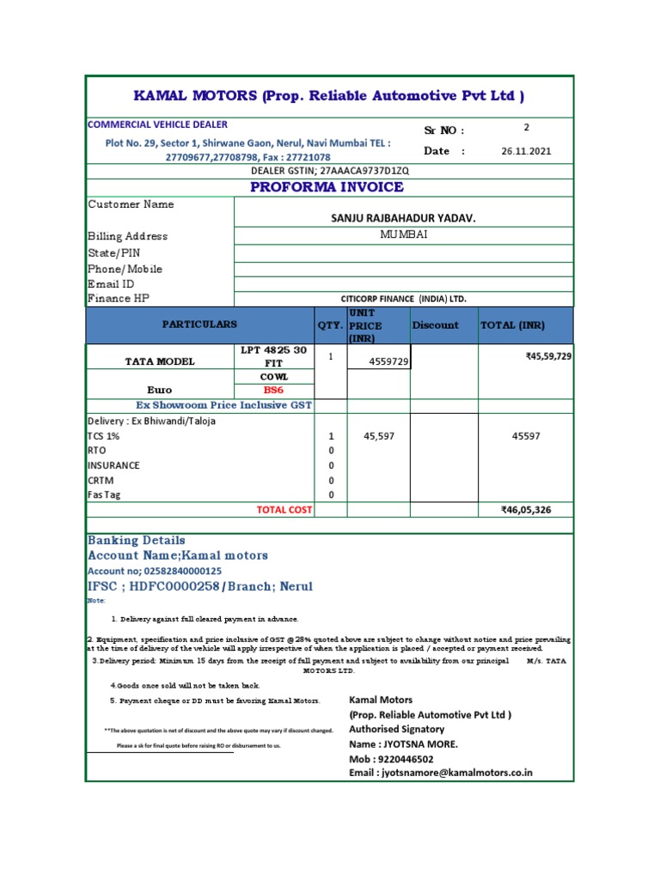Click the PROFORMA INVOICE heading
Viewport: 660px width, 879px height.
pos(327,187)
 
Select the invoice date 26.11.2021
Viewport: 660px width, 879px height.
pos(527,151)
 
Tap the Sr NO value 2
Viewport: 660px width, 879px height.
pos(527,127)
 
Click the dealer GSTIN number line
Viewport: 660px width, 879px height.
pos(329,171)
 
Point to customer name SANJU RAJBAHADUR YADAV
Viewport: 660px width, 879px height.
pos(403,219)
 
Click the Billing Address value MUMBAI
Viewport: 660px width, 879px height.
pos(404,234)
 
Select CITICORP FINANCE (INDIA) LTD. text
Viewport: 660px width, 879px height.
pos(403,299)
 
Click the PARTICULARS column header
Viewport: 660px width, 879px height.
pos(199,324)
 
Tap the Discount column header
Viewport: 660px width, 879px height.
pos(436,325)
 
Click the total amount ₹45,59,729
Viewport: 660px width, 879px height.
pos(548,356)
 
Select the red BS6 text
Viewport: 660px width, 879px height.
pos(273,390)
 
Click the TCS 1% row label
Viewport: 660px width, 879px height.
pos(104,436)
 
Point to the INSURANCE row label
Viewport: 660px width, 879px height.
pos(113,465)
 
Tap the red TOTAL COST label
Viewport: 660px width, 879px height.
pos(284,510)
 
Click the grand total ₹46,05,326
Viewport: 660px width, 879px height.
pos(526,510)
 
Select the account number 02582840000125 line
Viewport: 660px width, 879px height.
pos(155,571)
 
